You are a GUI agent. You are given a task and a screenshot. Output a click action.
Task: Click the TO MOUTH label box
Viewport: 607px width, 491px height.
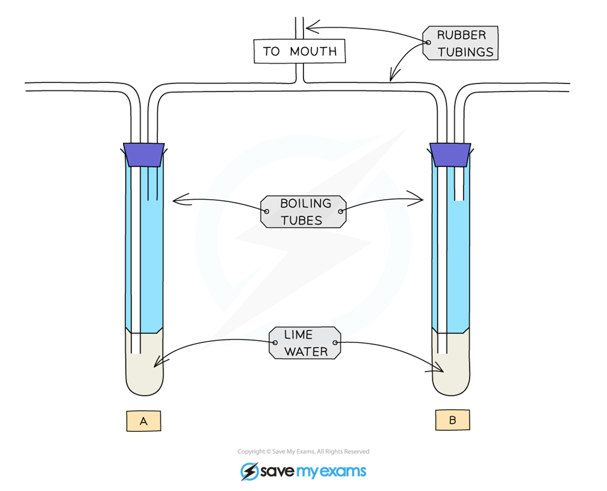299,50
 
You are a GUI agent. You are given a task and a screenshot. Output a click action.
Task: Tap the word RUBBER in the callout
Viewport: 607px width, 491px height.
461,35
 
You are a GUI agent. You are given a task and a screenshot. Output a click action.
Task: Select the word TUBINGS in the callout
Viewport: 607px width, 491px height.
465,52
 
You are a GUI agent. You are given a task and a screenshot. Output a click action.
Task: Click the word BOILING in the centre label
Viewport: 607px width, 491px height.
305,203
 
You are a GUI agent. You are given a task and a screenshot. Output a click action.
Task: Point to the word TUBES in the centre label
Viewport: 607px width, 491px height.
302,221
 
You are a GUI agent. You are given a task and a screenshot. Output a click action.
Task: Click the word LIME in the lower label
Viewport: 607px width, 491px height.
298,334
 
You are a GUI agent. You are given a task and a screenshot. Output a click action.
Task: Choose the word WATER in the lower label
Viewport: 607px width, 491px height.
306,352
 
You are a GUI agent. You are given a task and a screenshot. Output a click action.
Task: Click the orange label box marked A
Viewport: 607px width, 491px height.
143,421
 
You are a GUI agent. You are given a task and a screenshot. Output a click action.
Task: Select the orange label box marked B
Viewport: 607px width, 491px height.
453,420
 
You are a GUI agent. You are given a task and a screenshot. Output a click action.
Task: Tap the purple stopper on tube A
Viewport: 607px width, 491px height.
143,155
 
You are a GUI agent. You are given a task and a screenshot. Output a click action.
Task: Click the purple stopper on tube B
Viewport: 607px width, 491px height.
450,155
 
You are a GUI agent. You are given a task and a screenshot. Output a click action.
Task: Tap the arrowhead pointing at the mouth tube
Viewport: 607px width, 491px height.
311,27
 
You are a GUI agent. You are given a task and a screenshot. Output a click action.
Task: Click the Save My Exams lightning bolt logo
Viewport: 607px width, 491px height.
250,471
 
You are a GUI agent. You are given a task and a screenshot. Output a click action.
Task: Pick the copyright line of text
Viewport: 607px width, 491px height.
303,452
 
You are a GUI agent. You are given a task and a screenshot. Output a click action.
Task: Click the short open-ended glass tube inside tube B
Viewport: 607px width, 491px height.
459,183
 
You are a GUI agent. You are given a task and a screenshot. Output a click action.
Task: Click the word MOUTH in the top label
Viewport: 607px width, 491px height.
313,51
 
